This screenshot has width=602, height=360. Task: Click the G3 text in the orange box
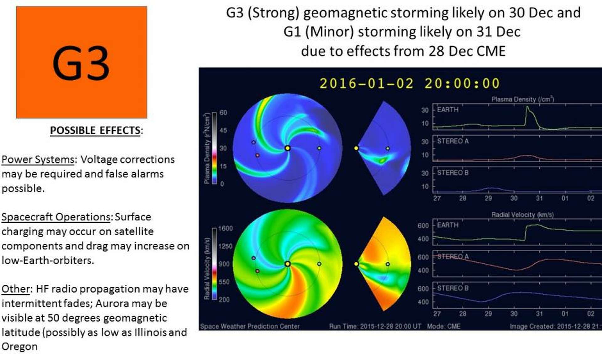pyautogui.click(x=81, y=63)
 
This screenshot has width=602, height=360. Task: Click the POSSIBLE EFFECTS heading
pyautogui.click(x=95, y=130)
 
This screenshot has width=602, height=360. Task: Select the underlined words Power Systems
pyautogui.click(x=38, y=159)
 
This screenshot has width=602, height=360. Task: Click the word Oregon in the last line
pyautogui.click(x=19, y=347)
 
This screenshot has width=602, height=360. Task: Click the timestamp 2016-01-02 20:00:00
pyautogui.click(x=409, y=83)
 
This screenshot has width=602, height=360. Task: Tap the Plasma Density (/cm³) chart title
pyautogui.click(x=522, y=99)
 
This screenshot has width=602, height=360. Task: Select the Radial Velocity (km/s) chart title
pyautogui.click(x=522, y=215)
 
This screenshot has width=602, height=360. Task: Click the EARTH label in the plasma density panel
pyautogui.click(x=448, y=109)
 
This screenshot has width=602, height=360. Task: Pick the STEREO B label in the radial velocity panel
pyautogui.click(x=453, y=288)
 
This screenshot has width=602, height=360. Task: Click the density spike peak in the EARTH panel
pyautogui.click(x=527, y=107)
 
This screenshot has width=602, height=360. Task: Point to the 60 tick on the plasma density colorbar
pyautogui.click(x=223, y=113)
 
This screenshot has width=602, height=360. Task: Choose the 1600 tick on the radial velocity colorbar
pyautogui.click(x=225, y=228)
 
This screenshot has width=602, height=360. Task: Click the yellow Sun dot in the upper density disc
pyautogui.click(x=288, y=148)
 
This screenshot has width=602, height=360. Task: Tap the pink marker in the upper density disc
pyautogui.click(x=257, y=155)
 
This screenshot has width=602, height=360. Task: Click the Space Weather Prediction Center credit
pyautogui.click(x=250, y=326)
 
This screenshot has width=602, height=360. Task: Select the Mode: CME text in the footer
pyautogui.click(x=444, y=326)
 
